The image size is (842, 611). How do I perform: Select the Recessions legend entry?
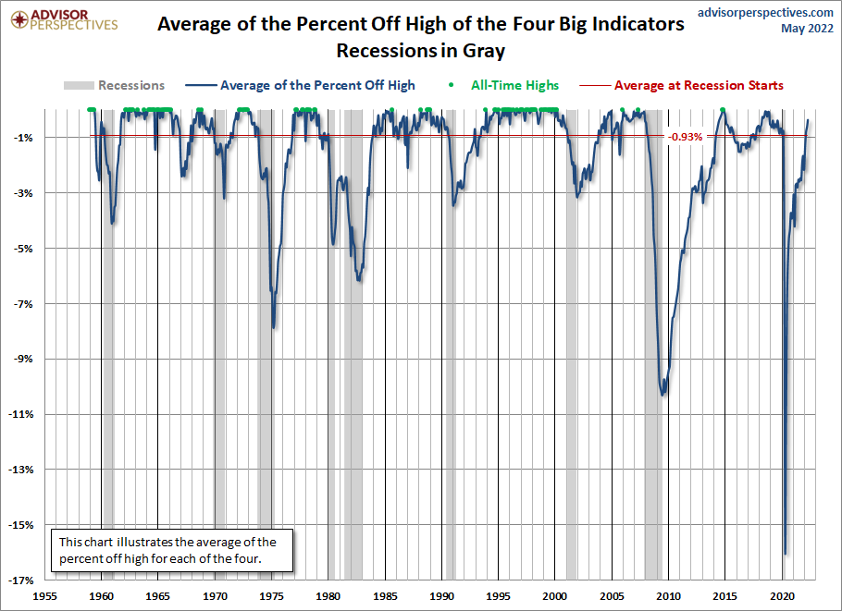coord(115,85)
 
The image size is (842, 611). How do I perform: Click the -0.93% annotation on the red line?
coord(685,136)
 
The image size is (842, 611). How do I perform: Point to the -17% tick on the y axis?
coord(22,580)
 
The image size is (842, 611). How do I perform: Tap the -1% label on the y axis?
coord(25,138)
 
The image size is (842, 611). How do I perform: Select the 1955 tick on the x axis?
coord(45,596)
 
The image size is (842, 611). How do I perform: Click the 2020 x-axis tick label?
coord(783,596)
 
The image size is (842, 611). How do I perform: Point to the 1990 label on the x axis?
coord(442,596)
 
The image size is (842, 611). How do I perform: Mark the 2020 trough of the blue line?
coord(786,554)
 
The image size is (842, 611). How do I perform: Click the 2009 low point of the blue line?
coord(662,395)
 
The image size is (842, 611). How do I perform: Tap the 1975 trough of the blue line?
coord(273,326)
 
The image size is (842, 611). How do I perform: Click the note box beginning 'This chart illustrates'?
coord(173,550)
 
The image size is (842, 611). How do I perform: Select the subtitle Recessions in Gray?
coord(421,50)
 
